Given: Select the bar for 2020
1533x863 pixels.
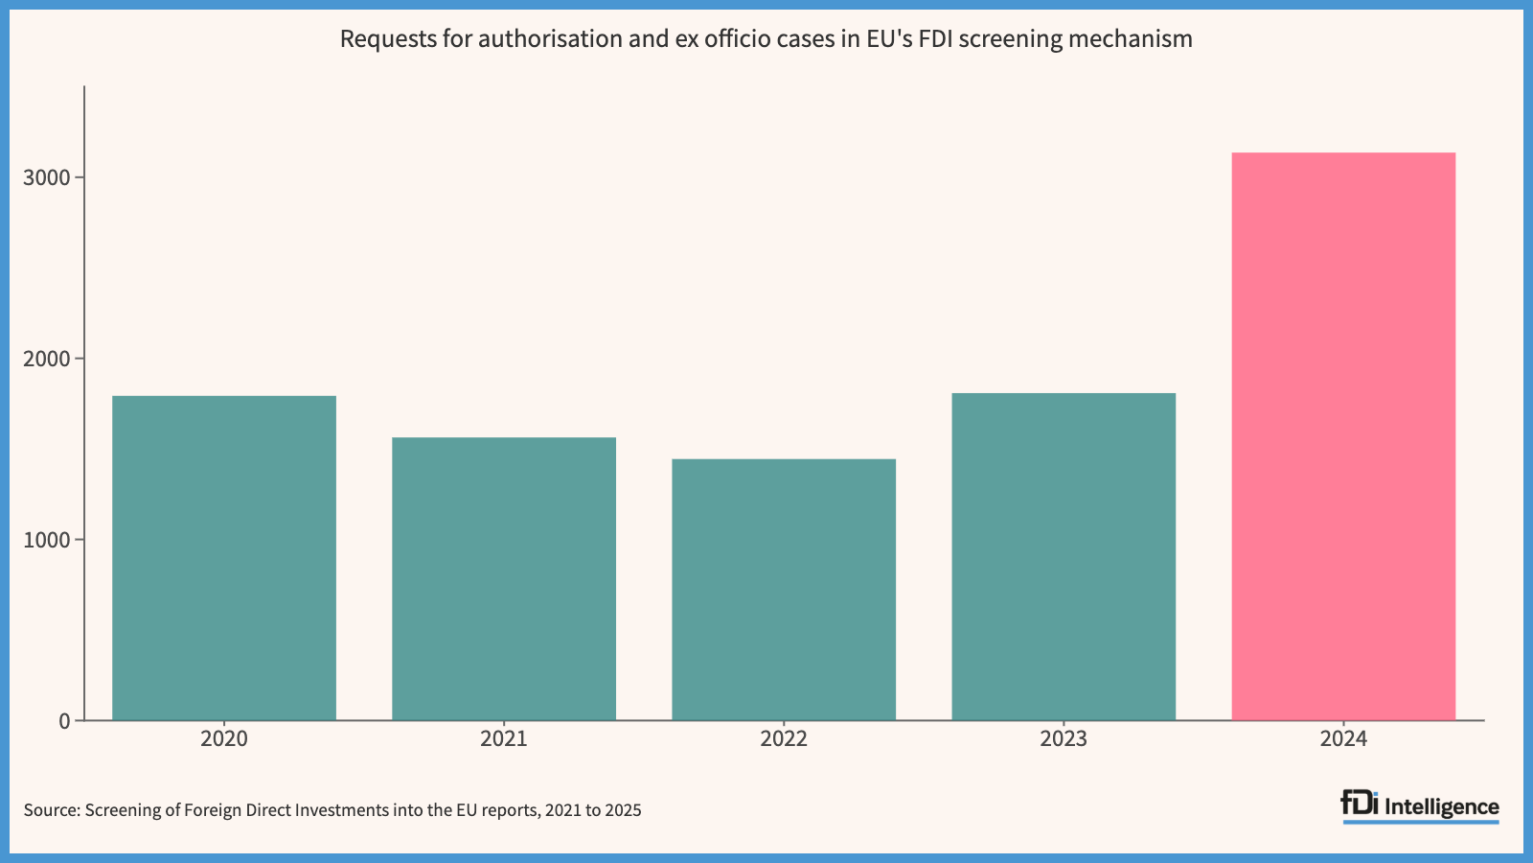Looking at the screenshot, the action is click(x=224, y=557).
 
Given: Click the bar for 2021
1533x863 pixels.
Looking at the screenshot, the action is click(x=504, y=579).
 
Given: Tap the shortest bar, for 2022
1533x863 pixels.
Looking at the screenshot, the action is click(x=784, y=589).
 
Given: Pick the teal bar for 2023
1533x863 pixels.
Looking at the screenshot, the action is click(x=1064, y=556).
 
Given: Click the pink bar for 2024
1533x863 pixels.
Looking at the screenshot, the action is click(x=1343, y=436).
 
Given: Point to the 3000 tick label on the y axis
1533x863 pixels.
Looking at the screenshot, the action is click(x=47, y=178).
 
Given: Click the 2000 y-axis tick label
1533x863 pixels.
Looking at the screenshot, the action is click(x=47, y=359).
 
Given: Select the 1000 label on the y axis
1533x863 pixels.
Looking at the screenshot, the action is click(x=47, y=540).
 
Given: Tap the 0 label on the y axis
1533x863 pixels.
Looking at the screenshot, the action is click(x=65, y=720).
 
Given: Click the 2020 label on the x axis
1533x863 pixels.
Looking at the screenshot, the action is click(x=224, y=739).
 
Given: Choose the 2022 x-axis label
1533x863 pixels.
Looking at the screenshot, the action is click(x=784, y=739).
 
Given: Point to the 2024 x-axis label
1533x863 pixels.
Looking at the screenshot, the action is click(x=1343, y=739).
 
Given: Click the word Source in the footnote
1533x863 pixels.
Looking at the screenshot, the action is click(x=52, y=811).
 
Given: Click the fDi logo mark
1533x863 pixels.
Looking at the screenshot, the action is click(x=1360, y=804).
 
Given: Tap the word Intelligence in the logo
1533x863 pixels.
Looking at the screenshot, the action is click(x=1441, y=807).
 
